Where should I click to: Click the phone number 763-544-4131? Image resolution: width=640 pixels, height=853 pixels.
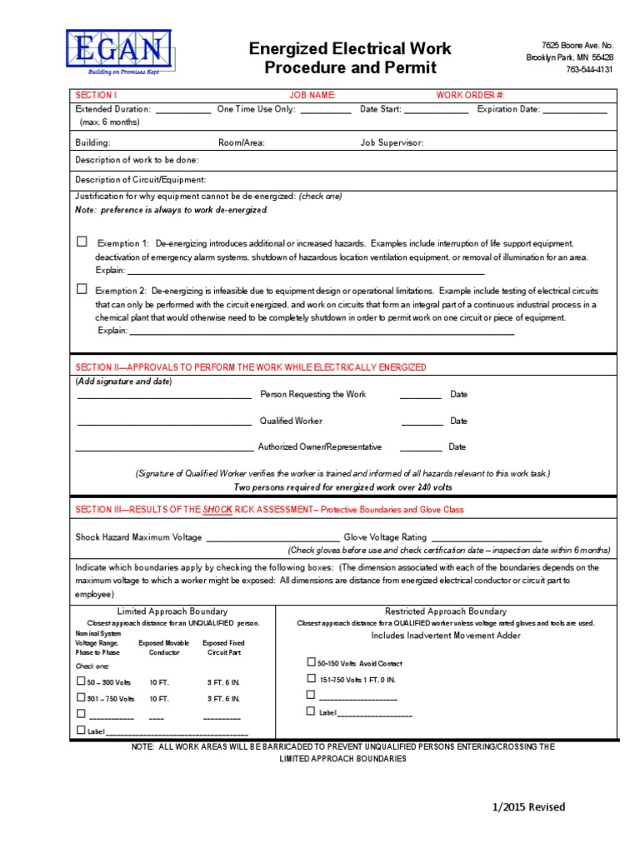coord(589,70)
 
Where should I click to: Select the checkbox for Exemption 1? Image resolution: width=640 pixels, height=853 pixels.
coord(82,242)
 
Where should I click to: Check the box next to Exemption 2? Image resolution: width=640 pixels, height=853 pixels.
coord(82,289)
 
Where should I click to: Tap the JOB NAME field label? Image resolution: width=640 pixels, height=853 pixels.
coord(312,95)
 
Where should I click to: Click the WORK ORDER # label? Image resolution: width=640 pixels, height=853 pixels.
coord(470,95)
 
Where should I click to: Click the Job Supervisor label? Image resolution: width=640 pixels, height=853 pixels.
coord(392,142)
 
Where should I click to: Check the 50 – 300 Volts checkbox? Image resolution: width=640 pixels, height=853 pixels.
coord(81,681)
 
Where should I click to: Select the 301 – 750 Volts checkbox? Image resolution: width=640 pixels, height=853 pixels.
coord(81,697)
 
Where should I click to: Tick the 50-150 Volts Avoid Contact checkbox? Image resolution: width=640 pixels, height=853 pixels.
coord(311,662)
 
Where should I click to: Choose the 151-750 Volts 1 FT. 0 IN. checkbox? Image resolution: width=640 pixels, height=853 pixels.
coord(311,679)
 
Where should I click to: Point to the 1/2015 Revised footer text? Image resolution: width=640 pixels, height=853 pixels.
coord(527,806)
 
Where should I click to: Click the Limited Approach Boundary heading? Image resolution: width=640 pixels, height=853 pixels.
coord(172,611)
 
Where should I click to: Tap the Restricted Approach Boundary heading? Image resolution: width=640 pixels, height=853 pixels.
coord(445,611)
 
